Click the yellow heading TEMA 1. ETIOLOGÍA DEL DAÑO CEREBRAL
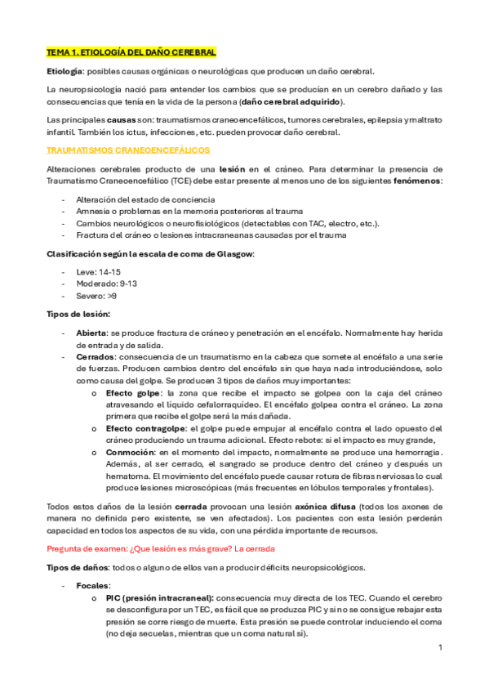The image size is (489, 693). pos(131,52)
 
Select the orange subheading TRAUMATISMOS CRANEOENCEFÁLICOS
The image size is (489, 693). pos(128,150)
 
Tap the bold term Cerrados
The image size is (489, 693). pos(95,357)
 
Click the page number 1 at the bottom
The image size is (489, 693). pos(440,647)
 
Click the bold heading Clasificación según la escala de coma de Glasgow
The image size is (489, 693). pos(150,253)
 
